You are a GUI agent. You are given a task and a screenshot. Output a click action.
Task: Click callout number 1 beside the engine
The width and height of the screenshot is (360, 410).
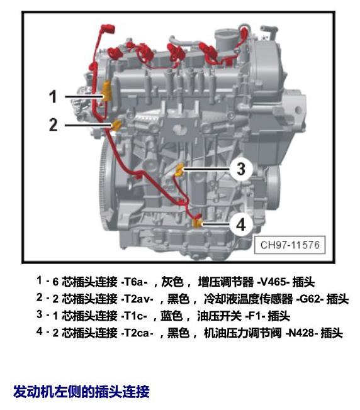click(53, 96)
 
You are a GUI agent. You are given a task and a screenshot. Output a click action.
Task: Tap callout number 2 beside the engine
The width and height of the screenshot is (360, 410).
click(53, 125)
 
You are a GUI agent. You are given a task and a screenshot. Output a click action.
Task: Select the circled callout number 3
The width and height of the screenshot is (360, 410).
click(241, 169)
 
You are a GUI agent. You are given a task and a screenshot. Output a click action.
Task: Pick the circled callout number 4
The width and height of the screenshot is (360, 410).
click(241, 224)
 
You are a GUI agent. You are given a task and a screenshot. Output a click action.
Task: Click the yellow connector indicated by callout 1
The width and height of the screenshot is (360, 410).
click(107, 91)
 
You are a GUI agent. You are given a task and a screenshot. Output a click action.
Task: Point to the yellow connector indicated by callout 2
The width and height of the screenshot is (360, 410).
click(116, 125)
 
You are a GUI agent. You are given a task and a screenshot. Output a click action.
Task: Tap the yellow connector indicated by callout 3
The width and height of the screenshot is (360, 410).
click(179, 169)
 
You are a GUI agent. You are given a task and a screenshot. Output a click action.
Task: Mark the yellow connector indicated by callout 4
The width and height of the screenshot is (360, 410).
click(197, 223)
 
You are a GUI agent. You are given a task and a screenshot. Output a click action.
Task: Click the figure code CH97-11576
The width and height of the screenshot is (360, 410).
click(290, 245)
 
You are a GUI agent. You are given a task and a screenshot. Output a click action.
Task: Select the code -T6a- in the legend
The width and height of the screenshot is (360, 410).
click(134, 282)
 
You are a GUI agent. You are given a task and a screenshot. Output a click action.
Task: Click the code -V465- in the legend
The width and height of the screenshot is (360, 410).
click(273, 282)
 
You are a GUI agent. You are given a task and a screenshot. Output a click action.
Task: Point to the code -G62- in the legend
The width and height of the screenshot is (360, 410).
click(310, 299)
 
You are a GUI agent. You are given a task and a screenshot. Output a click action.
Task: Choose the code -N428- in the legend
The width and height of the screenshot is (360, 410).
click(301, 333)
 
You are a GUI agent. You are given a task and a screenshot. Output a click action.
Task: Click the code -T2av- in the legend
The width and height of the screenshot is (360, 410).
click(137, 299)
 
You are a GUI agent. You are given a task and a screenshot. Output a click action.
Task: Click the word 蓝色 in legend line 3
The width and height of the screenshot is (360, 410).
click(171, 316)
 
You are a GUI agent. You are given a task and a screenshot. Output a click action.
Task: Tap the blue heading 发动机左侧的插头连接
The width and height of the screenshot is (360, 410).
click(81, 391)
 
